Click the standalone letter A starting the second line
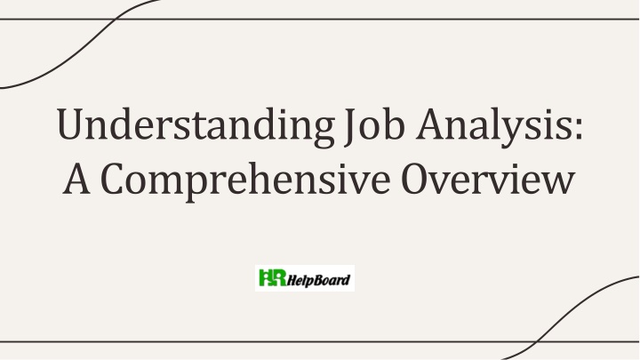point(76,178)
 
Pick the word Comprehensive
point(245,180)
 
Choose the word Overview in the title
point(488,178)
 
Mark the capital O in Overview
point(415,179)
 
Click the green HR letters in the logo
point(272,277)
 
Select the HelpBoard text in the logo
point(319,280)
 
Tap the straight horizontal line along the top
point(320,19)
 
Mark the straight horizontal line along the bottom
point(320,341)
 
